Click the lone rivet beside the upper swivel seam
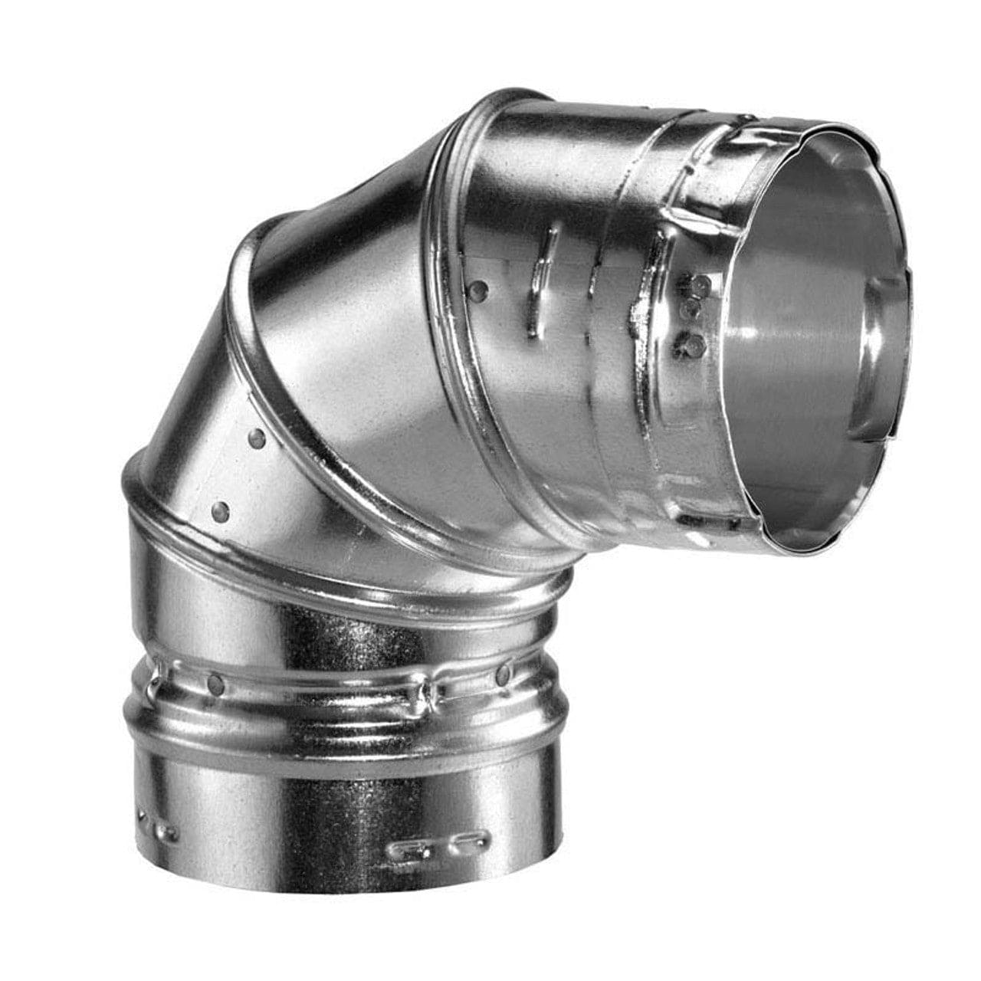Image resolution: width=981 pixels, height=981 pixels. coord(478,289)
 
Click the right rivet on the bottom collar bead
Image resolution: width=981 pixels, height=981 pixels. coord(504,674)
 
